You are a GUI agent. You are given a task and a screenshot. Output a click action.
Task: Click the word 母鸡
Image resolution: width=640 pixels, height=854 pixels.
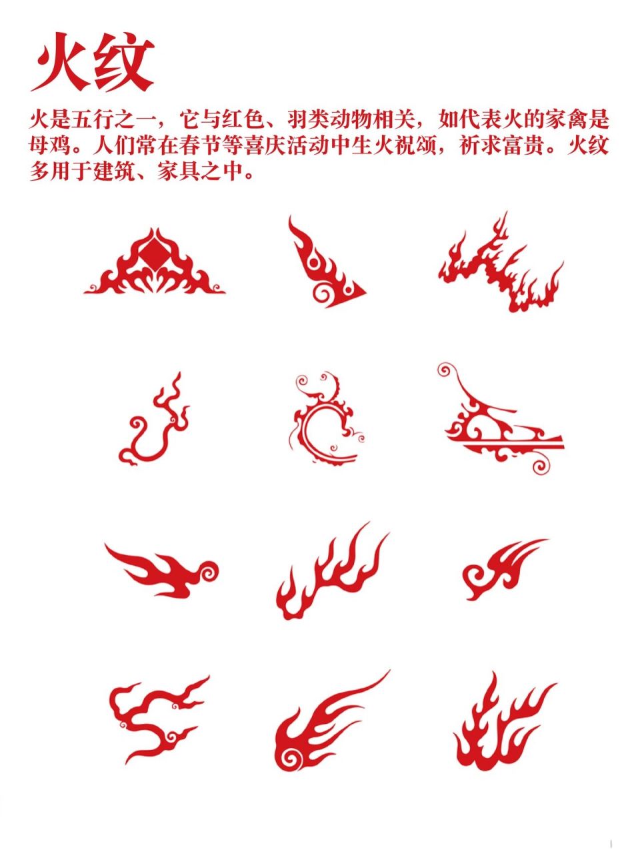click(50, 145)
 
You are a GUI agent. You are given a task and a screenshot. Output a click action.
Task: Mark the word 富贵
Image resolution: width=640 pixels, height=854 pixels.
click(526, 145)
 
